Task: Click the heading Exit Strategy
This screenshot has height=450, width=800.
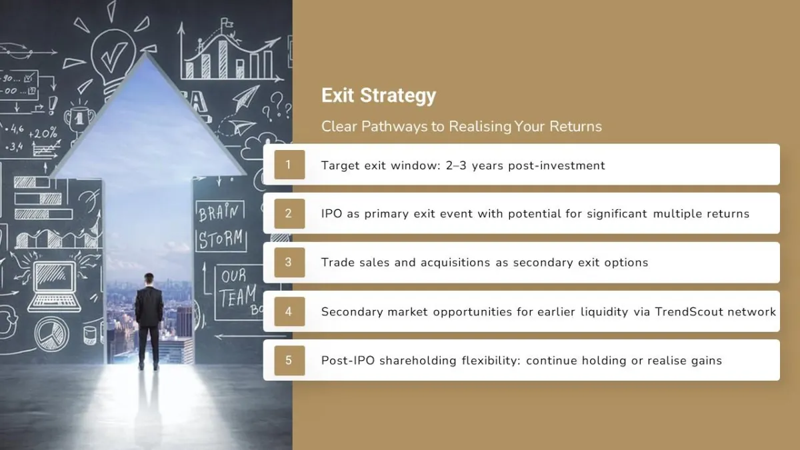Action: tap(379, 96)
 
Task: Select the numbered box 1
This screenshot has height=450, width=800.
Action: tap(289, 165)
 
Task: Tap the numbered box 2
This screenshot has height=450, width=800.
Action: tap(289, 213)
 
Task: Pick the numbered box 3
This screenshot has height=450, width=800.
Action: tap(289, 263)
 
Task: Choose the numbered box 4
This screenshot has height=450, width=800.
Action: tap(289, 311)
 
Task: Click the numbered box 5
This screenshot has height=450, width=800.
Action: tap(289, 361)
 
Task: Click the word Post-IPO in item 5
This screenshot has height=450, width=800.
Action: tap(348, 361)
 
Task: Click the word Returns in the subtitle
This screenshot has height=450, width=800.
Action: tap(575, 127)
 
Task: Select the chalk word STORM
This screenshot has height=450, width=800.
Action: tap(221, 239)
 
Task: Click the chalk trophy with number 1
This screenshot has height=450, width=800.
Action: tap(79, 119)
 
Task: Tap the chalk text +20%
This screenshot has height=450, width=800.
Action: tap(43, 133)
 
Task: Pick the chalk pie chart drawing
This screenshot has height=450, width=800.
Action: tap(51, 334)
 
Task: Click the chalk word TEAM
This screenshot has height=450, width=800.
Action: tap(237, 296)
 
